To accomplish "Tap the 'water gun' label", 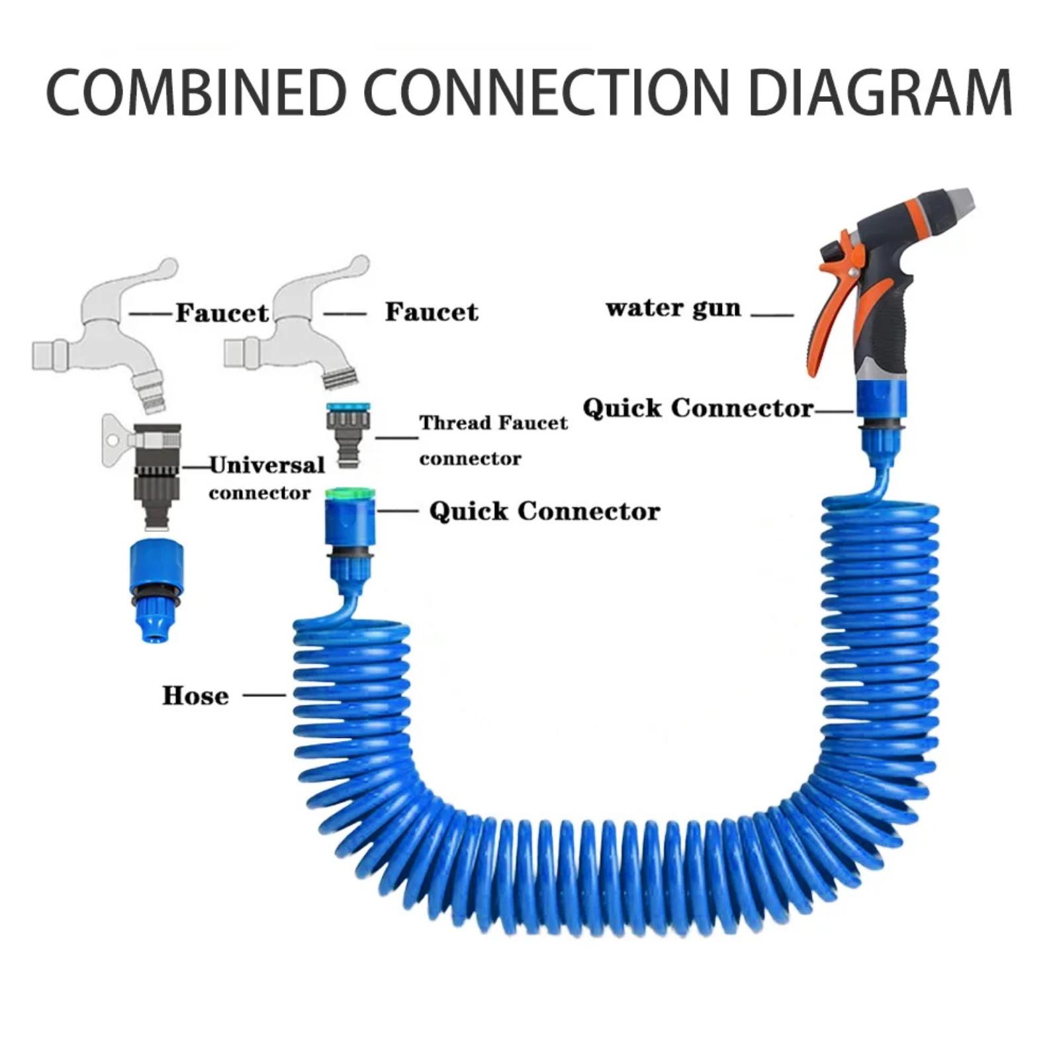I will coord(672,308).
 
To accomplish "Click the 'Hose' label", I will coord(195,696).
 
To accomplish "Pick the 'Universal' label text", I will coord(267,465).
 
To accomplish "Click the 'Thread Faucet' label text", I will coord(493,423).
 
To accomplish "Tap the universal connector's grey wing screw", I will coord(116,437).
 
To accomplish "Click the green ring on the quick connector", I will coord(349,494).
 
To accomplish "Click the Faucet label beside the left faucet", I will coord(222,313).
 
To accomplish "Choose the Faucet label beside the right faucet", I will coord(432,312).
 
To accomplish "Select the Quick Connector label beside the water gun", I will coord(698,408).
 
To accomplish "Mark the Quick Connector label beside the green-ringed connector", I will coord(544,511).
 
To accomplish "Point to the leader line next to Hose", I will coord(264,695).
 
